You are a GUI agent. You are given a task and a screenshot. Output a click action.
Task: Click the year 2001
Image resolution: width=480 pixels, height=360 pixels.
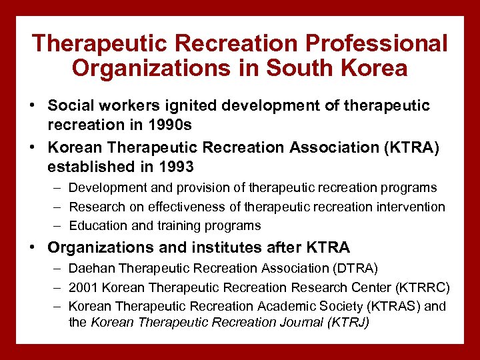click(83, 287)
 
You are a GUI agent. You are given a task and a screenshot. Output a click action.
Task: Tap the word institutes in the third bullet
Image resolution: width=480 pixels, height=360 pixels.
click(216, 247)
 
